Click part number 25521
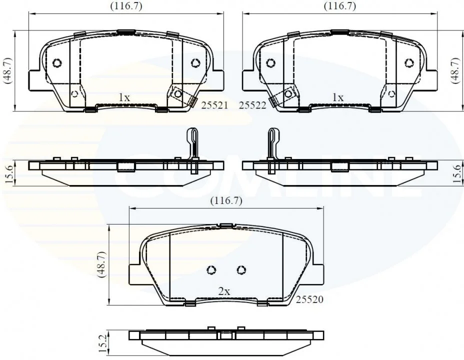coord(214,105)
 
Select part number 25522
coord(252,105)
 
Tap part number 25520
coord(309,299)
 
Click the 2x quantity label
coord(224,291)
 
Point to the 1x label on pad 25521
coord(124,97)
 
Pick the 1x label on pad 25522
coord(337,97)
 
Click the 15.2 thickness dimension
coord(102,343)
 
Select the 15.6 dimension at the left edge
coord(9,174)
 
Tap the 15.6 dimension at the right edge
coord(457,174)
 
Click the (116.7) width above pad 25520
coord(226,201)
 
